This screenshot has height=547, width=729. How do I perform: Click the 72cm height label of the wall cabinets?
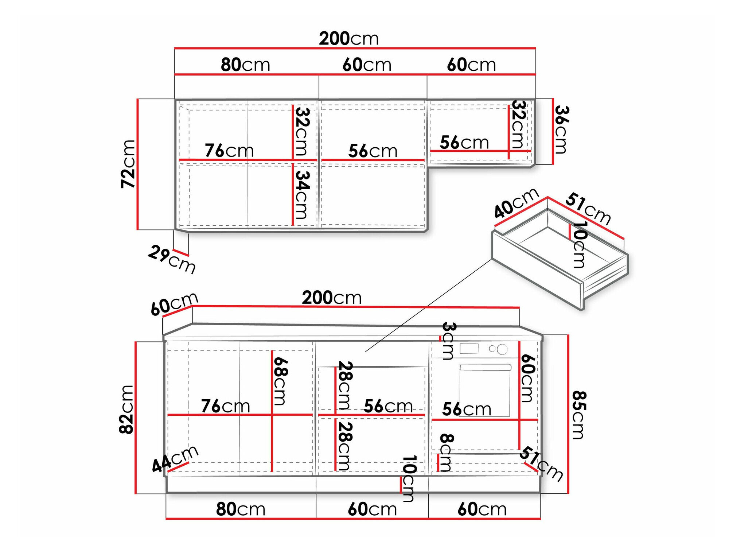[x=128, y=164]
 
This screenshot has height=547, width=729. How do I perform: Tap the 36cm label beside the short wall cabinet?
[x=561, y=130]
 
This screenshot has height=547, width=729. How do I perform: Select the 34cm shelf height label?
[x=302, y=195]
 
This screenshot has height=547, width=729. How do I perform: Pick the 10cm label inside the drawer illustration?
[x=580, y=245]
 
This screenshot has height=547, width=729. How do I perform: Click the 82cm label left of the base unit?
[x=126, y=410]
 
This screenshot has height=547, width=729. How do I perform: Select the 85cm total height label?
[x=579, y=415]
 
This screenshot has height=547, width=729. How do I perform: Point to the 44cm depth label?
[x=175, y=459]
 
